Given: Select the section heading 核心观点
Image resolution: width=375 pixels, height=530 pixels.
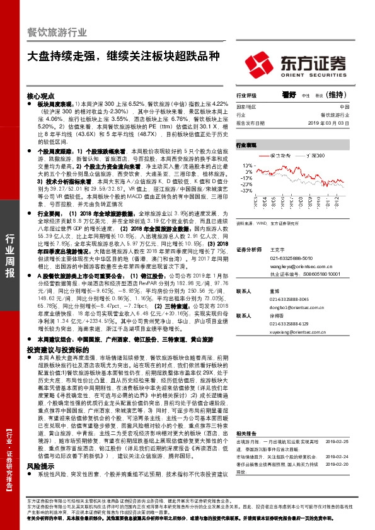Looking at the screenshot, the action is [x=40, y=94].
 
